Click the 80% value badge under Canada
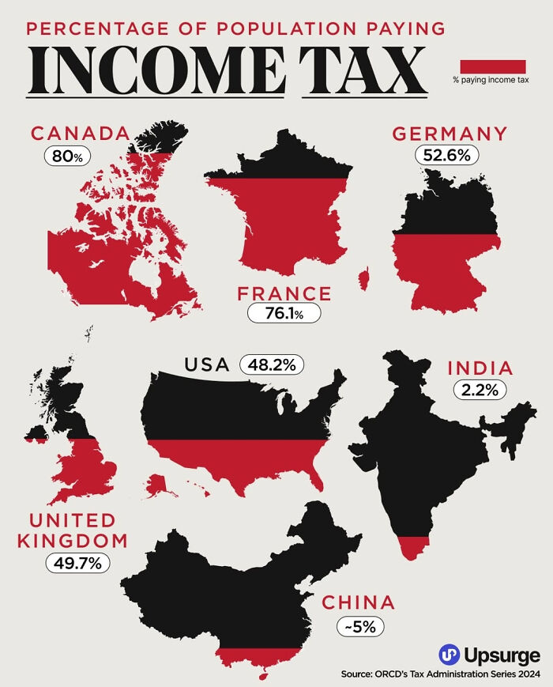coord(67,156)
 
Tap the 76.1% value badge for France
coord(284,313)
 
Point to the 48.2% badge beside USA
coord(271,364)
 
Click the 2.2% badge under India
coord(480,389)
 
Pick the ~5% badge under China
coord(360,626)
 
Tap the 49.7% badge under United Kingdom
coord(77,563)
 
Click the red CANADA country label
coord(79,133)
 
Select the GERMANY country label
coord(450,133)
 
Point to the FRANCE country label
coord(284,293)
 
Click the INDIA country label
coord(480,368)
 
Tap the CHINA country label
coord(358,603)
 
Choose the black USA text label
coord(206,364)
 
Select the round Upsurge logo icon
coord(450,655)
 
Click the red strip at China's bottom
coord(259,655)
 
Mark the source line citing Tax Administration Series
coord(441,674)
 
